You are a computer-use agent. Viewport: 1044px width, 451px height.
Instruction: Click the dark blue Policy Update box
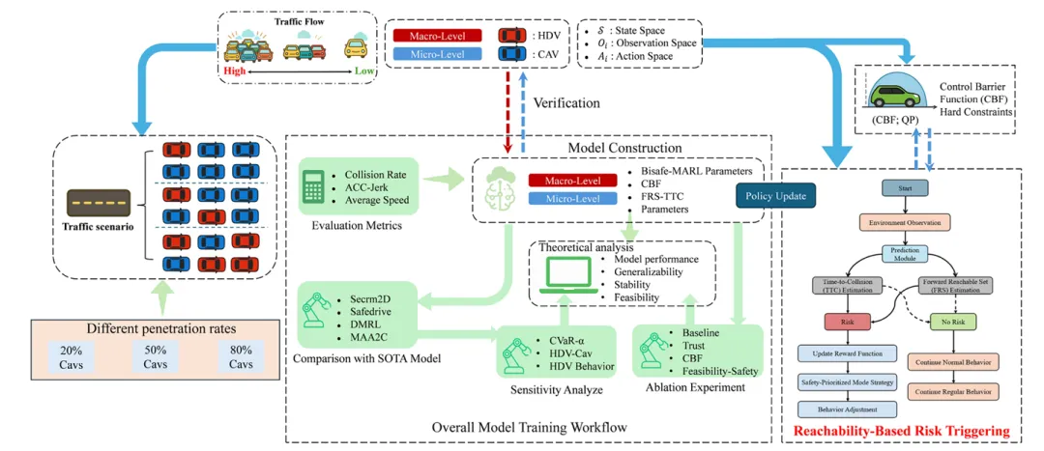click(774, 196)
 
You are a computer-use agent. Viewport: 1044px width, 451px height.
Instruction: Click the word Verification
click(567, 101)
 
